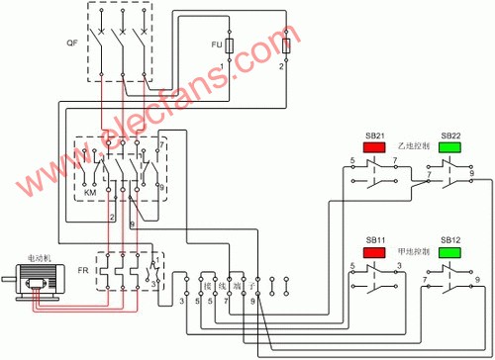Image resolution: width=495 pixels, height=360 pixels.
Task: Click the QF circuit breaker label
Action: click(71, 45)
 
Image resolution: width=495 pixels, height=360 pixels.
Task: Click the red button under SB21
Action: click(375, 147)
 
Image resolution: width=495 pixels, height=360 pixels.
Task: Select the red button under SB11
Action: click(375, 253)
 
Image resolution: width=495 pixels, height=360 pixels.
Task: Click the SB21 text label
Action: click(375, 135)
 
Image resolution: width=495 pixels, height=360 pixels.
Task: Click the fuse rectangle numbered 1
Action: click(230, 46)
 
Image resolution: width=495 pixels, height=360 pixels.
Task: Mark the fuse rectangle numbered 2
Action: click(286, 46)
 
